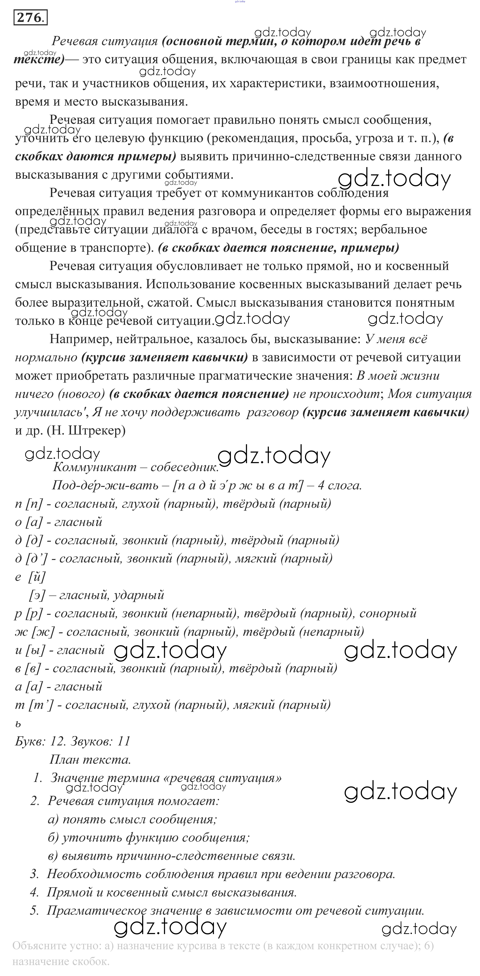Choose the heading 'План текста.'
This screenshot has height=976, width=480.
point(90,759)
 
